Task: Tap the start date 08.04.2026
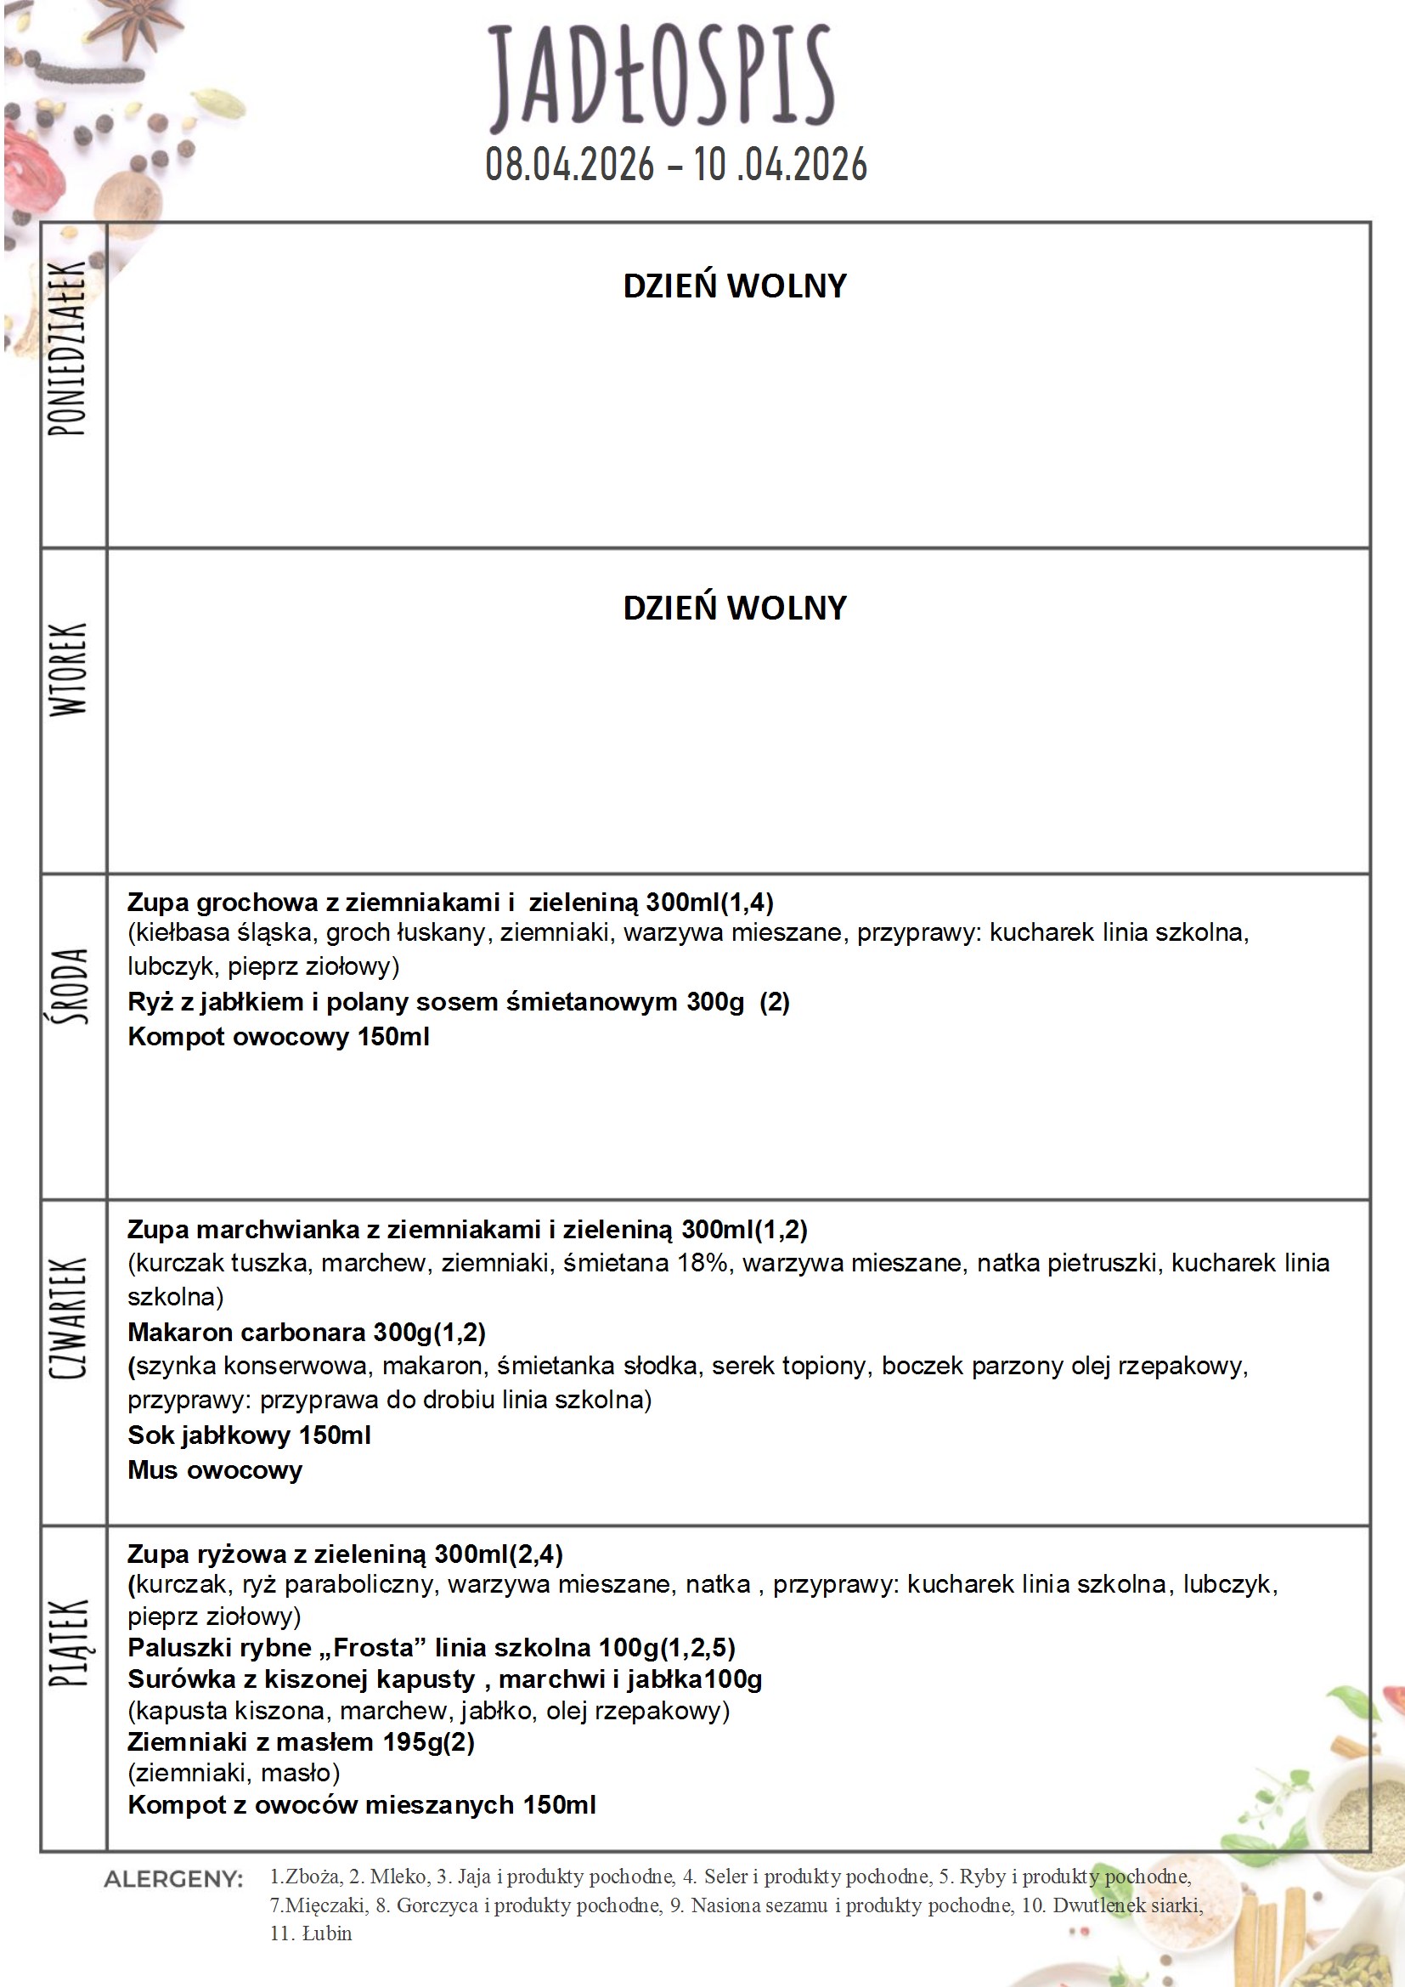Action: click(569, 164)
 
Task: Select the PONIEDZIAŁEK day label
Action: click(67, 348)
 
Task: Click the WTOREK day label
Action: click(68, 669)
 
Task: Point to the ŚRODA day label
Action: click(69, 987)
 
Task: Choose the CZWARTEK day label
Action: click(68, 1318)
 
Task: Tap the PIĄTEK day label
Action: click(69, 1643)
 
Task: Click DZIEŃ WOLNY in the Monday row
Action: click(735, 286)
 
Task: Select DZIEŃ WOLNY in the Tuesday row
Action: click(735, 609)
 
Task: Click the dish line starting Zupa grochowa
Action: click(450, 903)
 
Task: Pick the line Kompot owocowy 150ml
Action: click(279, 1037)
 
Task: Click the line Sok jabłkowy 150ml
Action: click(249, 1435)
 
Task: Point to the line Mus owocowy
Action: click(216, 1469)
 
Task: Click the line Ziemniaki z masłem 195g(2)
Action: click(301, 1741)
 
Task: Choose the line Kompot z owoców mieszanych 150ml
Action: click(362, 1804)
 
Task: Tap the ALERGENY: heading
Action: click(173, 1879)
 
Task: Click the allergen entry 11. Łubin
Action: click(311, 1933)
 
